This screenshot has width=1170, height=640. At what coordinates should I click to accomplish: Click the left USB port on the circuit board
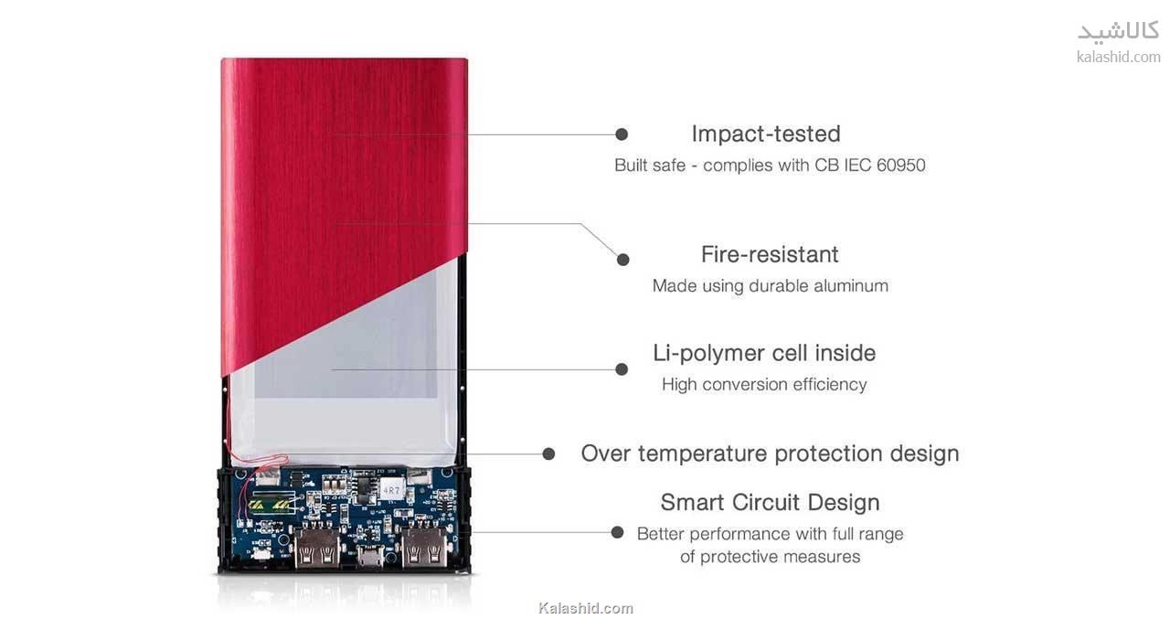pos(316,548)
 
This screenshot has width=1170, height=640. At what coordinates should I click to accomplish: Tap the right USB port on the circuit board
pos(424,548)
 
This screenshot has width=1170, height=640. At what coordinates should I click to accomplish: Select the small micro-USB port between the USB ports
pos(370,558)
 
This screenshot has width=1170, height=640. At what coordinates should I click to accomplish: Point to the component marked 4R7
pos(390,490)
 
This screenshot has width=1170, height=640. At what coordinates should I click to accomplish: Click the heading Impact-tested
pos(766,133)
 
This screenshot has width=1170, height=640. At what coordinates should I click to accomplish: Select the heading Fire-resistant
pos(770,254)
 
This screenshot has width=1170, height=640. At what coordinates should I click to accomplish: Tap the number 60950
pos(900,165)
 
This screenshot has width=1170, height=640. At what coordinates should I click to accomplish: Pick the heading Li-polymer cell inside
pos(764,353)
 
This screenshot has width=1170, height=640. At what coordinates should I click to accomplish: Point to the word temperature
pos(702,453)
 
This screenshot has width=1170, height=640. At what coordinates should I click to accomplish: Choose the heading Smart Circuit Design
pos(770,503)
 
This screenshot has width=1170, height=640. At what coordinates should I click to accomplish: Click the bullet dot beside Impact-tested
pos(622,134)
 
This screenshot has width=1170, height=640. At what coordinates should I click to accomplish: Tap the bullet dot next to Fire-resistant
pos(623,259)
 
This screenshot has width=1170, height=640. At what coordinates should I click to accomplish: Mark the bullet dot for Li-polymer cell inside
pos(622,369)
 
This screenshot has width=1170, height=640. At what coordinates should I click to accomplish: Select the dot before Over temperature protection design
pos(548,453)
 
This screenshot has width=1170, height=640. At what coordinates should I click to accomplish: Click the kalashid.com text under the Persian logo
pos(1118,57)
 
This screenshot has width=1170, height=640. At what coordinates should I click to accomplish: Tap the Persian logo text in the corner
pos(1118,31)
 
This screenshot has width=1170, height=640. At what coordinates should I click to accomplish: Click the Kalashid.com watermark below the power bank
pos(586,608)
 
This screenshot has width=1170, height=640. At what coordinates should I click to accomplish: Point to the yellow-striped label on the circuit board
pos(270,505)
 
